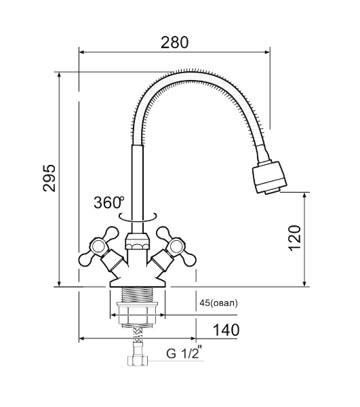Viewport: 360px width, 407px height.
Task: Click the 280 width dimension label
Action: [x=174, y=43]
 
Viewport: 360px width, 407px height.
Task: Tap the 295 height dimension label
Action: [x=49, y=178]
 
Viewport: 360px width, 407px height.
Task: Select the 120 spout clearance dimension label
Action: [x=295, y=238]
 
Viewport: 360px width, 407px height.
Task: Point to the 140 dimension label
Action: [x=226, y=330]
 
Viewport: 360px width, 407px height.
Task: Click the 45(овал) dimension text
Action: [x=218, y=303]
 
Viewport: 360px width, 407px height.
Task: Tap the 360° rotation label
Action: [x=109, y=202]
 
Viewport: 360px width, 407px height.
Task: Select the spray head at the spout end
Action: [x=269, y=177]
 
